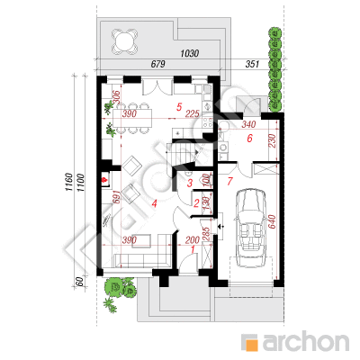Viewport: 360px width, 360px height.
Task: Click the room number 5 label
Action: pyautogui.click(x=179, y=107)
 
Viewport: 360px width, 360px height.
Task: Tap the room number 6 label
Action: pyautogui.click(x=249, y=139)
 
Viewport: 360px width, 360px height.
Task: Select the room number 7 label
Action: pyautogui.click(x=230, y=181)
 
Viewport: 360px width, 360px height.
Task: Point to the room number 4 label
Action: pyautogui.click(x=154, y=203)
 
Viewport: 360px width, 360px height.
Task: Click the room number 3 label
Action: pyautogui.click(x=190, y=183)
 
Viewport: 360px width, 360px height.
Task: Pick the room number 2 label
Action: pyautogui.click(x=196, y=203)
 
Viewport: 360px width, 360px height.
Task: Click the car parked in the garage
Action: pyautogui.click(x=250, y=228)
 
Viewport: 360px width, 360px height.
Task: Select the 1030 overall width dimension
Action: pyautogui.click(x=190, y=53)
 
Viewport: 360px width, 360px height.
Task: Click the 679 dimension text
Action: pyautogui.click(x=158, y=64)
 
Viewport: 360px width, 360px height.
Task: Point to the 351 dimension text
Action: pyautogui.click(x=252, y=64)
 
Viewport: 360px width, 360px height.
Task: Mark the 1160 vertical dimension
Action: pyautogui.click(x=68, y=182)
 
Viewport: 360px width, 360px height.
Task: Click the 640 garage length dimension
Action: pyautogui.click(x=272, y=222)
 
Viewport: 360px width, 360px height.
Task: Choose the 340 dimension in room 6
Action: pyautogui.click(x=248, y=124)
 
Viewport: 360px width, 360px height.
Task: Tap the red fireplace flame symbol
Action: pyautogui.click(x=104, y=180)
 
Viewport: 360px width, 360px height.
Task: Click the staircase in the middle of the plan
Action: pyautogui.click(x=181, y=153)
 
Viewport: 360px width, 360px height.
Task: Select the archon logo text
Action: pyautogui.click(x=306, y=341)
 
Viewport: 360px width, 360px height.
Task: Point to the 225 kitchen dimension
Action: pyautogui.click(x=193, y=113)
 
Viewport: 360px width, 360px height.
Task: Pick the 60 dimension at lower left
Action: pyautogui.click(x=79, y=282)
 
